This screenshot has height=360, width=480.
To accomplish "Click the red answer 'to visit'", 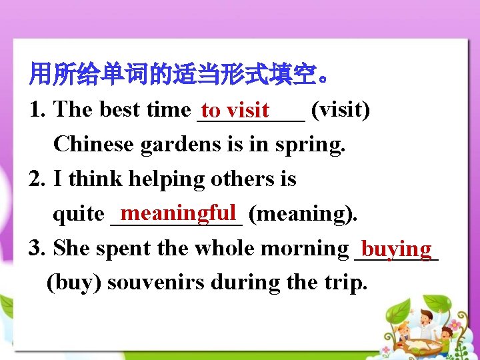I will (x=235, y=109).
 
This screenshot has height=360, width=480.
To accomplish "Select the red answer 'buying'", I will (x=397, y=248).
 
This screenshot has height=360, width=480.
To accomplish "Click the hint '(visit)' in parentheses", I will (x=341, y=109).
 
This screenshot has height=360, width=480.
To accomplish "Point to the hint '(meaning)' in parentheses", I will (x=303, y=214).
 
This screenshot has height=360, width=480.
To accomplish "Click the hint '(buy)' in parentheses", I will (x=74, y=283).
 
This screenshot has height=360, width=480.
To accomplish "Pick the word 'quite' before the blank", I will (x=77, y=214).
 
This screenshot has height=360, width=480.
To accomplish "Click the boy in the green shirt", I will (x=445, y=336).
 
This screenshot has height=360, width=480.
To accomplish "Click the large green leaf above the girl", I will (x=398, y=311).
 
